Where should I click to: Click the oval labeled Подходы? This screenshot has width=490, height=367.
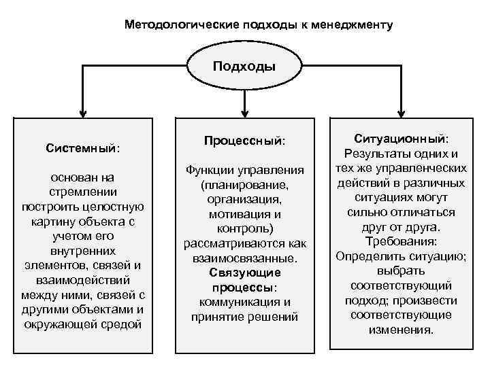click(x=244, y=67)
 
